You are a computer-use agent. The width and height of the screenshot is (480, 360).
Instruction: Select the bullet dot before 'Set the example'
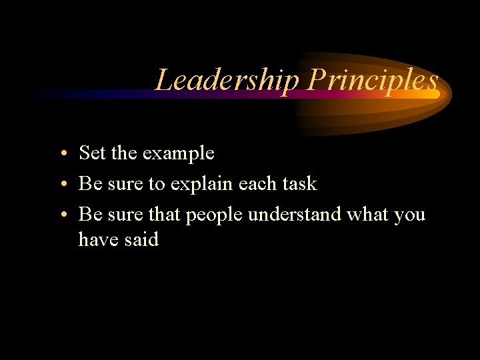tap(61, 154)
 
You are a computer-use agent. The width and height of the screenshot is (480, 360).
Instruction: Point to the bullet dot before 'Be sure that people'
tap(61, 215)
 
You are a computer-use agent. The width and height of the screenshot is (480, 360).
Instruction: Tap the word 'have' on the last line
tap(98, 239)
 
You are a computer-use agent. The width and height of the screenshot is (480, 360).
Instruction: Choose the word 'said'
tap(141, 239)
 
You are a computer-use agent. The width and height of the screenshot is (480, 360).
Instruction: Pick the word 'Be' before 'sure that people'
tap(89, 215)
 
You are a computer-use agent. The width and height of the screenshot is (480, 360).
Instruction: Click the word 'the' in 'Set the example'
tap(124, 153)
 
